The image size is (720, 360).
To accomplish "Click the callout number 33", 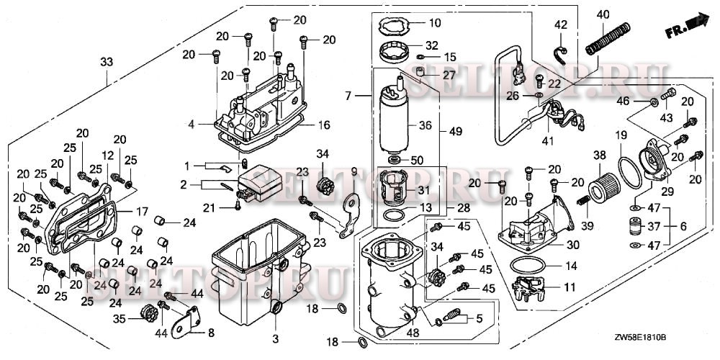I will tap(107, 63).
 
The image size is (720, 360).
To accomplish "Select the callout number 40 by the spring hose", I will tap(603, 14).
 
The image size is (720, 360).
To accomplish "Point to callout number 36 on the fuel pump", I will tap(425, 125).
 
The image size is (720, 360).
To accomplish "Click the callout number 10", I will tap(435, 22).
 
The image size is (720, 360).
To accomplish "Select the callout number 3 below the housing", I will tap(274, 338).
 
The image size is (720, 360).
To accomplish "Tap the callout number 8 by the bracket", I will tap(210, 333).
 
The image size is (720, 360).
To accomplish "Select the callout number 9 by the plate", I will tap(354, 171).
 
